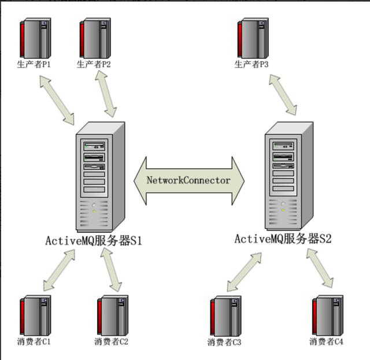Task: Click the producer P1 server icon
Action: coord(35,38)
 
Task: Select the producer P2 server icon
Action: coord(95,38)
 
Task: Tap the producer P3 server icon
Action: coord(253,38)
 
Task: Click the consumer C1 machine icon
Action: coord(35,316)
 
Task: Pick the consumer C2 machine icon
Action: coord(113,316)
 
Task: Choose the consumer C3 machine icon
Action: coord(226,316)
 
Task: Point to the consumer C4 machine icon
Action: coord(328,316)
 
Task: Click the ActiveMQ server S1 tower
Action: coord(100,177)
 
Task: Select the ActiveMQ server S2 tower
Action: coord(289,176)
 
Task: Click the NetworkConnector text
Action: coord(188,180)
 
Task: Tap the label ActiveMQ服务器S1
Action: coord(94,240)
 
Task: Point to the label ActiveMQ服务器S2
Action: coord(283,239)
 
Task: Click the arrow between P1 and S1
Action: coord(57,100)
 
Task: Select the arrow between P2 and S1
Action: coord(106,94)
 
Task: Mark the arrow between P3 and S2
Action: coord(283,95)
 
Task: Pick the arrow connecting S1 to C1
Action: coord(59,270)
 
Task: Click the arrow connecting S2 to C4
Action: coord(320,268)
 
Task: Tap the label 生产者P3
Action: coord(251,64)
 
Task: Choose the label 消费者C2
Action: coord(111,342)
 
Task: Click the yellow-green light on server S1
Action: coord(94,211)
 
